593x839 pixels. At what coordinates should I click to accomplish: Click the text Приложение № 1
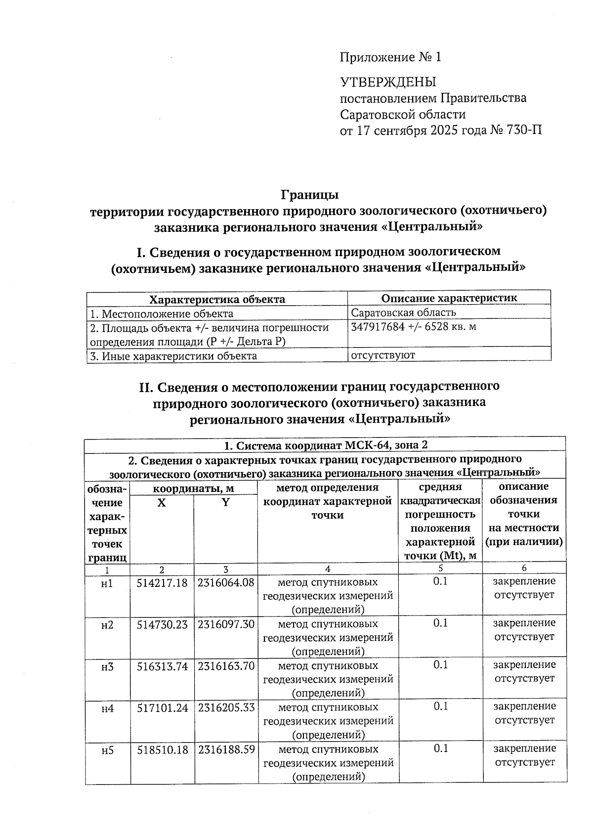pyautogui.click(x=390, y=57)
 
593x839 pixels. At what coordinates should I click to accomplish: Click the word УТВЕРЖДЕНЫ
pyautogui.click(x=388, y=82)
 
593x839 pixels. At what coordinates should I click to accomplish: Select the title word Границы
pyautogui.click(x=310, y=194)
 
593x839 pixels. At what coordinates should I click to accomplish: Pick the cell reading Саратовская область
pyautogui.click(x=403, y=313)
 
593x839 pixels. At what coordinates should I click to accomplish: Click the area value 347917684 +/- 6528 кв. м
pyautogui.click(x=413, y=327)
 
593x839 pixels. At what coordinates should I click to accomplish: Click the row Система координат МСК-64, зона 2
pyautogui.click(x=325, y=445)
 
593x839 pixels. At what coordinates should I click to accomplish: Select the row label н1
pyautogui.click(x=107, y=583)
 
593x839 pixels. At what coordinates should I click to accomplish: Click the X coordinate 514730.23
pyautogui.click(x=162, y=624)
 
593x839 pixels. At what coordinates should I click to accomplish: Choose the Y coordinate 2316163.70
pyautogui.click(x=226, y=666)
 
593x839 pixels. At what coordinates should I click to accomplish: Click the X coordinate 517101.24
pyautogui.click(x=162, y=708)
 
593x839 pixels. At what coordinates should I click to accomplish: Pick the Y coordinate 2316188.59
pyautogui.click(x=226, y=750)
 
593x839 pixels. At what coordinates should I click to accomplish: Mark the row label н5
pyautogui.click(x=107, y=751)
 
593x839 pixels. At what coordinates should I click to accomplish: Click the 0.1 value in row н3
pyautogui.click(x=440, y=665)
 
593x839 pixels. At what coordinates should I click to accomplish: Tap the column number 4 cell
pyautogui.click(x=328, y=569)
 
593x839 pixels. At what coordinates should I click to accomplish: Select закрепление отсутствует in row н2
pyautogui.click(x=524, y=630)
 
